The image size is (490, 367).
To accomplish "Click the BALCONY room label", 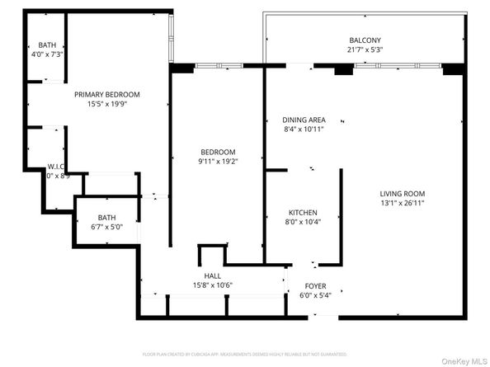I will pyautogui.click(x=365, y=40).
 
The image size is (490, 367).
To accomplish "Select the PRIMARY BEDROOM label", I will pyautogui.click(x=101, y=95).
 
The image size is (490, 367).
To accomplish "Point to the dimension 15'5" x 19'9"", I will pyautogui.click(x=101, y=104).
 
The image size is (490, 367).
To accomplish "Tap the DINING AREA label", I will pyautogui.click(x=304, y=120).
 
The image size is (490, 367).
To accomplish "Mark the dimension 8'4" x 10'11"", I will pyautogui.click(x=304, y=129).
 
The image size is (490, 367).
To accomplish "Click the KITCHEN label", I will pyautogui.click(x=302, y=213).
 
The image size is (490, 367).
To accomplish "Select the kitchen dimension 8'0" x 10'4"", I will pyautogui.click(x=302, y=222).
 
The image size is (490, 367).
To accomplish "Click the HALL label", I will pyautogui.click(x=212, y=276).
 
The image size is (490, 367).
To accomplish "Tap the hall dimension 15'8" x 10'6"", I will pyautogui.click(x=212, y=285).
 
